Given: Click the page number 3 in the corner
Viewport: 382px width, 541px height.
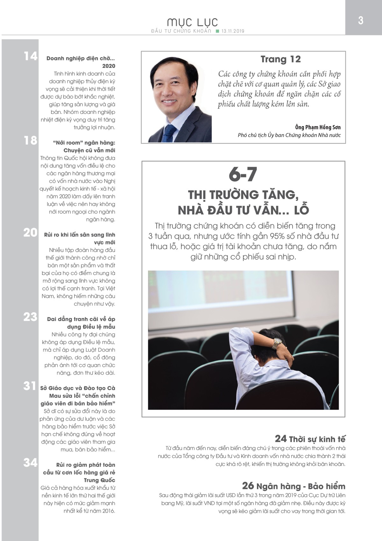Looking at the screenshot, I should pos(361,21).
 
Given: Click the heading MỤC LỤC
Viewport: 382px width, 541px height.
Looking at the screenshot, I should pos(193,22).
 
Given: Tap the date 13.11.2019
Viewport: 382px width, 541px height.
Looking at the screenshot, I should pos(233,31).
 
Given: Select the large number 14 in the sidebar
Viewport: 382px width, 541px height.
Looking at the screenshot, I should pos(31,56).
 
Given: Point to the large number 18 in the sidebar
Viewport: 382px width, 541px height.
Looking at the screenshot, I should pos(31,140).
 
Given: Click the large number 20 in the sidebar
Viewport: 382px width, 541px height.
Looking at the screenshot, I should pos(31,233).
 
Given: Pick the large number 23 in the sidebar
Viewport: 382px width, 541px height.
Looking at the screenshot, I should pos(31,317).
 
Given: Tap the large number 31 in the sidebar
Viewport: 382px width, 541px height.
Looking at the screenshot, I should pos(30,386).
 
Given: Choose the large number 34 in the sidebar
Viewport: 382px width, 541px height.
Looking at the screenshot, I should pos(31,463).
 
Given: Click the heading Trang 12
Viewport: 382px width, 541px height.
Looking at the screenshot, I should pos(280,59).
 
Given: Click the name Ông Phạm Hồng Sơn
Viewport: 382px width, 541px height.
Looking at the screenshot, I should pos(318,127).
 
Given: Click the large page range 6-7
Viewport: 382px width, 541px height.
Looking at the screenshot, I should pos(243,175).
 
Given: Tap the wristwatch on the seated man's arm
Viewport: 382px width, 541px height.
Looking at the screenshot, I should pos(277,343).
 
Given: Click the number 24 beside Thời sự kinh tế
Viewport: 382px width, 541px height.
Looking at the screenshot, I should pos(281,439).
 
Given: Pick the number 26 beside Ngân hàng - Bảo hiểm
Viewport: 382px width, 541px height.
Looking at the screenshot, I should pos(248,486).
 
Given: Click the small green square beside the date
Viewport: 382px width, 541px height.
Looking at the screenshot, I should pos(217,31).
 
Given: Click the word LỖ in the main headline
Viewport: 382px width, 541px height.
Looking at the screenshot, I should pos(301,210).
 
